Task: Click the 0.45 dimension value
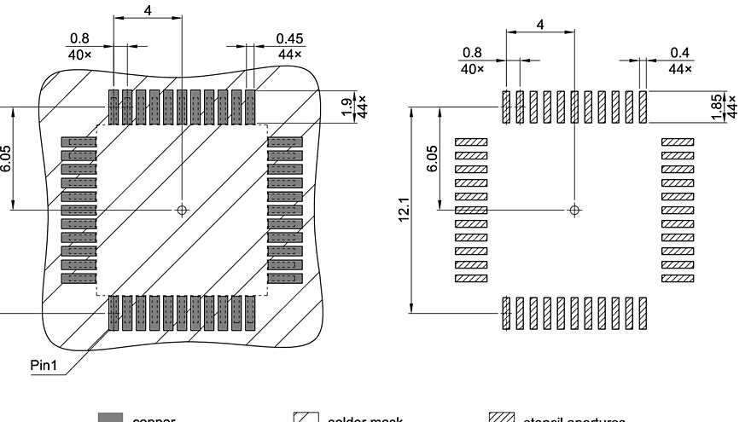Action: pyautogui.click(x=290, y=38)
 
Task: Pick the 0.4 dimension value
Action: pyautogui.click(x=680, y=53)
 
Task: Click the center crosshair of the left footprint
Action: pyautogui.click(x=182, y=209)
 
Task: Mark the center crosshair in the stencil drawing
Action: pyautogui.click(x=574, y=209)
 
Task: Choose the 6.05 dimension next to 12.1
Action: pyautogui.click(x=431, y=158)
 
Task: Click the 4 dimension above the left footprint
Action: pyautogui.click(x=147, y=10)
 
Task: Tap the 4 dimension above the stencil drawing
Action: pyautogui.click(x=539, y=23)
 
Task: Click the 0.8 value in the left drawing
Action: pyautogui.click(x=79, y=38)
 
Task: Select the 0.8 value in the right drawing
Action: pyautogui.click(x=472, y=53)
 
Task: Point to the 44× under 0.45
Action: pyautogui.click(x=290, y=54)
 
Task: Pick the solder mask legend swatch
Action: pyautogui.click(x=306, y=418)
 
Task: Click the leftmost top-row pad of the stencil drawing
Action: pyautogui.click(x=506, y=107)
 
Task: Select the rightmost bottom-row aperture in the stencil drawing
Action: pyautogui.click(x=642, y=314)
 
